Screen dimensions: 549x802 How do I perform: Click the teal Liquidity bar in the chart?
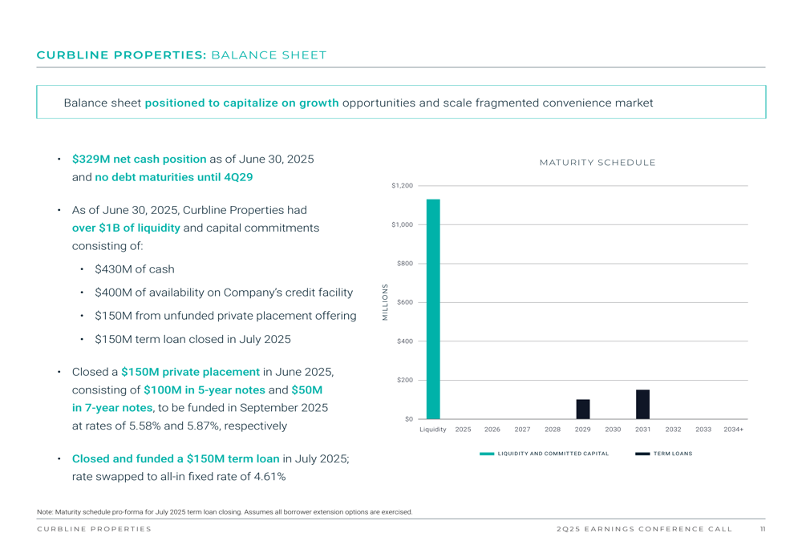[433, 309]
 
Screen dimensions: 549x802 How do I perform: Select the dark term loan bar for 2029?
[583, 409]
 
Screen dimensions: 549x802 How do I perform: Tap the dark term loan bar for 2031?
[642, 404]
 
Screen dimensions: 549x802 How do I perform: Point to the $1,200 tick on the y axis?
[402, 186]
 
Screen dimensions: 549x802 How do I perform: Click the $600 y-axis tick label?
[405, 302]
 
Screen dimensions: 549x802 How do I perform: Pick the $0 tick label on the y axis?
[408, 419]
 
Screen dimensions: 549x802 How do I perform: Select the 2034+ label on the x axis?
[733, 430]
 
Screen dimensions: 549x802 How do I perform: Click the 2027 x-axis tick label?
[523, 430]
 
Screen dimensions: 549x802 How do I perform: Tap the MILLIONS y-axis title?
[385, 302]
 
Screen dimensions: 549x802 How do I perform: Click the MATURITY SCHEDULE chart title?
[597, 163]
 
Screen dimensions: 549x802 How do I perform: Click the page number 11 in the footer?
[762, 529]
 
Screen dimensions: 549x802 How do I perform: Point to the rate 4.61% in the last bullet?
[269, 477]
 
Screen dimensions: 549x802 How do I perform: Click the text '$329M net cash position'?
[139, 159]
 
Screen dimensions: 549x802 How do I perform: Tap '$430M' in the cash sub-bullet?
[111, 269]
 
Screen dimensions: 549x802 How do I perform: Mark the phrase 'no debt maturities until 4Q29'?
[174, 177]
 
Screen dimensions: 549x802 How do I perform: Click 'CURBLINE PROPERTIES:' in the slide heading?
[122, 55]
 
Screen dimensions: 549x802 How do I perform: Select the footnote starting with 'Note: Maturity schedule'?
[225, 512]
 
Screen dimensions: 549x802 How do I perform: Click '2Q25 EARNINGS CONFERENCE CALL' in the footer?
[644, 529]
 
